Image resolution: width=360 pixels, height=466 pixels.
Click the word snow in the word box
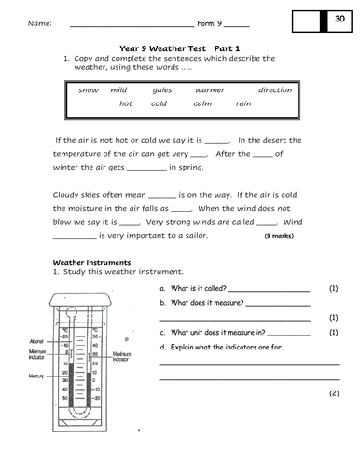[x=89, y=90]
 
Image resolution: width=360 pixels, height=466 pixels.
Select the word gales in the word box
[x=162, y=90]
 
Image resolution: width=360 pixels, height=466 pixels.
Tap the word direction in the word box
[x=274, y=90]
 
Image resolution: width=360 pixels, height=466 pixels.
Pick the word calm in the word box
[x=202, y=103]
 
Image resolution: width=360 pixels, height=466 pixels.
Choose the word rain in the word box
[x=242, y=103]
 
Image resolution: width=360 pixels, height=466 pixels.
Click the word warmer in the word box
[x=210, y=90]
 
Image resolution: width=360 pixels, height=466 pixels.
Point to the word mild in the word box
[x=118, y=90]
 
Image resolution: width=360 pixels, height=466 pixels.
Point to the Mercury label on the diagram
[x=36, y=375]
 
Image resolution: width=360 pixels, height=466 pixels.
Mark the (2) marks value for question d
[x=333, y=393]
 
